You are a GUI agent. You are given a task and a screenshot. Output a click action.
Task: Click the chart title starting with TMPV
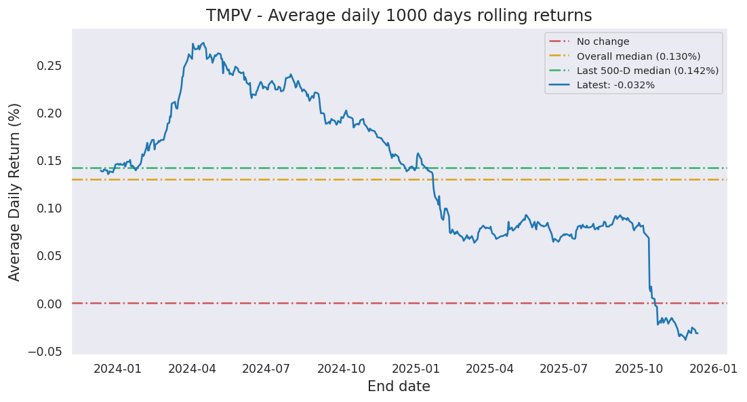pos(399,16)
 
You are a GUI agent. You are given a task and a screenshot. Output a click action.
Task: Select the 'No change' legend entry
pos(603,41)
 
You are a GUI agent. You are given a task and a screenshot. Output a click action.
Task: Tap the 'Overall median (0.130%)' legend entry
pos(638,56)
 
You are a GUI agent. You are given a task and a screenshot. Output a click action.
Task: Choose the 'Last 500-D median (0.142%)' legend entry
pos(647,71)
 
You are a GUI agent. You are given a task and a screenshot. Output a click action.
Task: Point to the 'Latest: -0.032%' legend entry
pos(615,85)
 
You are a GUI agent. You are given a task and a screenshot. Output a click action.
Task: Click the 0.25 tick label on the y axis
pos(49,66)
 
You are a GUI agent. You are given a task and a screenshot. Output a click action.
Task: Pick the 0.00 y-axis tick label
pos(49,304)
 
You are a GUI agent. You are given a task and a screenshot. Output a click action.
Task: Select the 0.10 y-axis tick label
pos(49,208)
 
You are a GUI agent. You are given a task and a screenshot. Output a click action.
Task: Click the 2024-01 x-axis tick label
pos(117,369)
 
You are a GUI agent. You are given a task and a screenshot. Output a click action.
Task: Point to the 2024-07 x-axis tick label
pos(266,369)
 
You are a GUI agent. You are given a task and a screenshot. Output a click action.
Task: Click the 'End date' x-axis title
pos(399,387)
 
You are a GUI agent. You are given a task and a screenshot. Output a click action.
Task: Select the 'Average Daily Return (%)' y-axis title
pos(15,191)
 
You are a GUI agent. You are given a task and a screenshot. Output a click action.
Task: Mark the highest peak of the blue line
pos(203,42)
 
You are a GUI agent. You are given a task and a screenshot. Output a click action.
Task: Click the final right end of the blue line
pos(698,333)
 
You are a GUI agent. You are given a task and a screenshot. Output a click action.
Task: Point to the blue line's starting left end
pos(100,170)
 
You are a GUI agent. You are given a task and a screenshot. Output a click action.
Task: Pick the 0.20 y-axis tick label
pos(49,113)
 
